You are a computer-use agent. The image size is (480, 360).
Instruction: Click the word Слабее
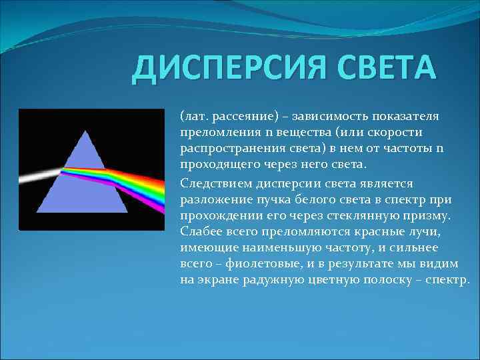coord(200,230)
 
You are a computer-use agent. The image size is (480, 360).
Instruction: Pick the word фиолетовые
coord(253,263)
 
